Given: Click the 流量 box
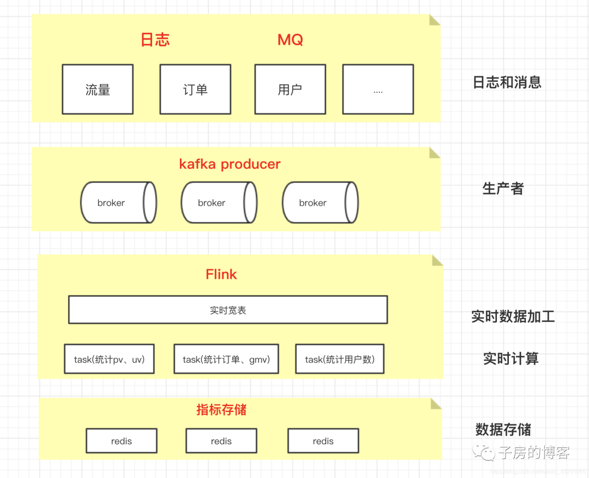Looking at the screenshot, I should pos(98,89).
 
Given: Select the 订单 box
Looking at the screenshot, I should pos(195,89).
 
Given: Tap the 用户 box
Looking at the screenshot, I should pos(290,89).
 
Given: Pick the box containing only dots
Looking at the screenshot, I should pos(378,89).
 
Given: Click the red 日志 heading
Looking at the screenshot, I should pos(155,40).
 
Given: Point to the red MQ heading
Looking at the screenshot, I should pos(290,40).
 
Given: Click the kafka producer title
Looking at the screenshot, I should pos(230,164).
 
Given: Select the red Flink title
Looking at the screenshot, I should pos(221,274).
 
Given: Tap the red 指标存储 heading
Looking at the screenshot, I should pos(221,410).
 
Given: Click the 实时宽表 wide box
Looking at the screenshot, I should pos(228,310).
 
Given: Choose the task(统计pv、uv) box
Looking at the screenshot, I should pos(109,359).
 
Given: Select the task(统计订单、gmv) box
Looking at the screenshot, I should pos(226,359).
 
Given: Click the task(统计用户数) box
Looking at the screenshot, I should pos(340,359).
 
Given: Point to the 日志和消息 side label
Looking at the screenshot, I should pos(507,82).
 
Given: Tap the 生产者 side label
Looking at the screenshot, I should pos(503,189).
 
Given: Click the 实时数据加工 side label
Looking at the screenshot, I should pos(513,316).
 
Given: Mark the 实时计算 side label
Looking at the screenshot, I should pos(511,358).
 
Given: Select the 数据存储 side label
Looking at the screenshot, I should pos(503,429).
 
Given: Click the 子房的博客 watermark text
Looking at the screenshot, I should pos(534,452).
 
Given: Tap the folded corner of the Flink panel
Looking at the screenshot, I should pos(437,260).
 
